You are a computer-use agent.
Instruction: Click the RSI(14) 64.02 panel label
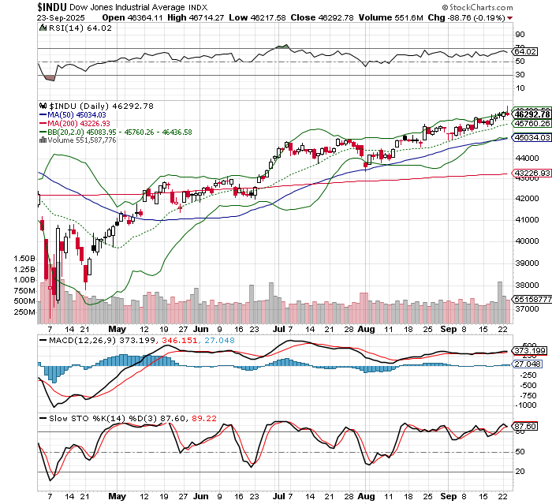coord(72,28)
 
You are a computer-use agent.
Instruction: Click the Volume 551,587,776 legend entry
coord(77,140)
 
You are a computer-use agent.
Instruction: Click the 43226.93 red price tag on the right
coord(531,174)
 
